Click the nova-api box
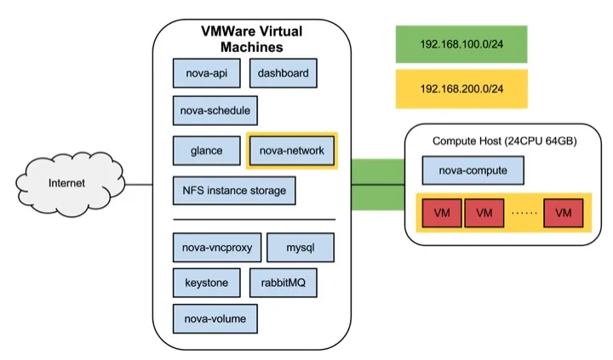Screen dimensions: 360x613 (207, 74)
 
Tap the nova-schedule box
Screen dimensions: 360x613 (215, 111)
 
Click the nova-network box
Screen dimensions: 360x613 (292, 151)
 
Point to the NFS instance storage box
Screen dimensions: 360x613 (234, 191)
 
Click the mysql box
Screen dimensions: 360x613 (300, 249)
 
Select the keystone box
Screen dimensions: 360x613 (207, 282)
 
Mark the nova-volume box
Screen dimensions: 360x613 (215, 318)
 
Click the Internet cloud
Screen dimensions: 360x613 (66, 182)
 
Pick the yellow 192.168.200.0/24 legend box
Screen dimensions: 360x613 (462, 89)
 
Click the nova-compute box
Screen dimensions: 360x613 (473, 170)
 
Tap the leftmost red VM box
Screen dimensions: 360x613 (440, 212)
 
